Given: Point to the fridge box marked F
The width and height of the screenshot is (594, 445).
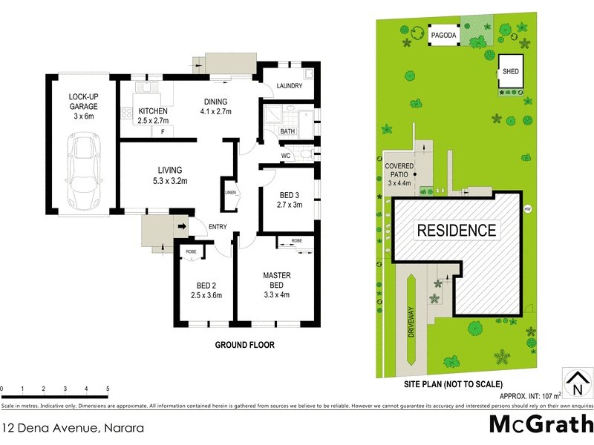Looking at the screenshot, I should click(x=162, y=131).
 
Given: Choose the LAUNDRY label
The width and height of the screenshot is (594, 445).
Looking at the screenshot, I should click(x=289, y=86).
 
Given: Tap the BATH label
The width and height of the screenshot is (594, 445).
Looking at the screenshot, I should click(x=287, y=131).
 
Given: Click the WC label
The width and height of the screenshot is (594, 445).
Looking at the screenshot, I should click(x=285, y=156).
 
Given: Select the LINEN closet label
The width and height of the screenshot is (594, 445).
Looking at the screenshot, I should click(x=231, y=193).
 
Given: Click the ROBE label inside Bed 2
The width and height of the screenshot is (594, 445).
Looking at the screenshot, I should click(x=191, y=251).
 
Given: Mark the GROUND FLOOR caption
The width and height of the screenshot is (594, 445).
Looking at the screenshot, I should click(x=245, y=345).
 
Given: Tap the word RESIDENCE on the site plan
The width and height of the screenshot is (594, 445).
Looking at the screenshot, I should click(x=456, y=230).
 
